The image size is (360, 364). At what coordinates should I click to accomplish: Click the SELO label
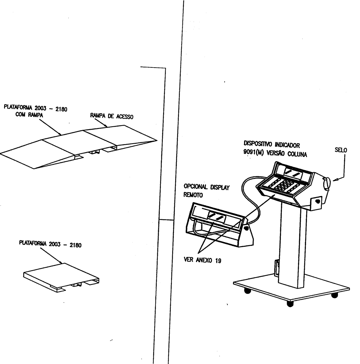(x=341, y=150)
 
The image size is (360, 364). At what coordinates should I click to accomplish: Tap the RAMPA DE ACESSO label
(x=111, y=116)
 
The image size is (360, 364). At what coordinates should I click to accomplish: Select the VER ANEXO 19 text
(x=202, y=260)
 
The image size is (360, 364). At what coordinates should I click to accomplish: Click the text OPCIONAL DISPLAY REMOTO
(x=207, y=191)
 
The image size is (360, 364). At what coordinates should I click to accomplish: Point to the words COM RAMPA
(x=29, y=115)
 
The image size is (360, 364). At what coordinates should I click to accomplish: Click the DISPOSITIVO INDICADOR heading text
(x=272, y=144)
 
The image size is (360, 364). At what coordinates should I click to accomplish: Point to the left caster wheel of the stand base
(x=247, y=291)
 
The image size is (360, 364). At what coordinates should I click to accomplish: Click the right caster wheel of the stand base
(x=334, y=295)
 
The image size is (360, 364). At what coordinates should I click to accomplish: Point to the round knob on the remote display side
(x=246, y=228)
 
